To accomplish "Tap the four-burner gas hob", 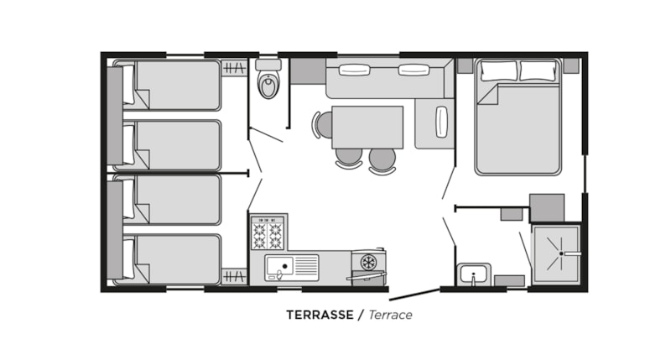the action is click(268, 233).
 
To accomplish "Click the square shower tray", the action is click(556, 254).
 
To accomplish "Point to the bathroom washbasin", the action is click(474, 274).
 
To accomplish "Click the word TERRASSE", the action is click(320, 315).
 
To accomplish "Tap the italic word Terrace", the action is click(390, 315).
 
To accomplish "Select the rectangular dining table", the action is click(367, 128).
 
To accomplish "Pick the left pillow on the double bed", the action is click(498, 70).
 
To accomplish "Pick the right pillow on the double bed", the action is click(538, 70).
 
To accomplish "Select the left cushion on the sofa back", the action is click(354, 70).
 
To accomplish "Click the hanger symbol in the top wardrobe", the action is click(235, 68).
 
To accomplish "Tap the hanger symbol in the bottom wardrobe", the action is click(235, 277).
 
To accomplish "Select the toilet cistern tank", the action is click(268, 65).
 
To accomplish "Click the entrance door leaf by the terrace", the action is click(414, 295).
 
